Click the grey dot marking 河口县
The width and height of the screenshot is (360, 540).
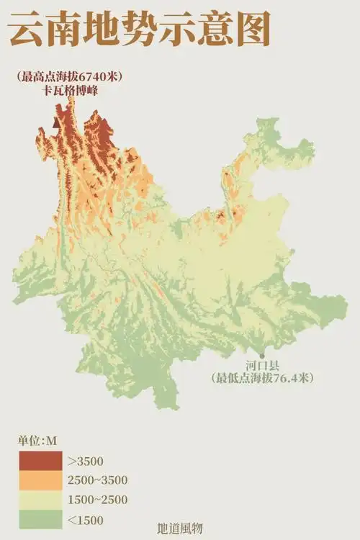point(262,356)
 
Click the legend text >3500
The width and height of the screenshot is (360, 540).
point(85,460)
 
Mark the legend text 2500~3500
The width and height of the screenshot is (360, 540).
point(98,480)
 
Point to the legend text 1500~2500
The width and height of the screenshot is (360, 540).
point(98,500)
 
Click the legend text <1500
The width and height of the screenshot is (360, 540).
point(86,520)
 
